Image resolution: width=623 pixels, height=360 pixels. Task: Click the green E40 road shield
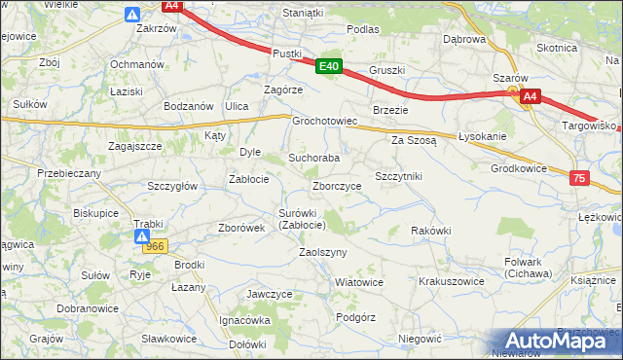pos(329,66)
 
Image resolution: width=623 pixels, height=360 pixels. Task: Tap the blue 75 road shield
pos(580,178)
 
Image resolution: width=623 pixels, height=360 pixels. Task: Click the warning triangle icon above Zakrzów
pos(133,14)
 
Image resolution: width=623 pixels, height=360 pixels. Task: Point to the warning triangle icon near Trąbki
pos(142,236)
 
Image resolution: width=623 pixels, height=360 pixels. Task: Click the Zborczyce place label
pos(337,186)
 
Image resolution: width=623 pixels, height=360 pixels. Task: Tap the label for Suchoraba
pos(313,158)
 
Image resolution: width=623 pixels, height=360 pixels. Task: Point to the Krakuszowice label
pos(451,280)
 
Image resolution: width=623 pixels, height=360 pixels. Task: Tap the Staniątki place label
pos(302,13)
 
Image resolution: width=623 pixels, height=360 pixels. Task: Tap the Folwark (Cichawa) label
pos(529,268)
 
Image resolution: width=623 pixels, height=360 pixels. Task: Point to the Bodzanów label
pos(189,105)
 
